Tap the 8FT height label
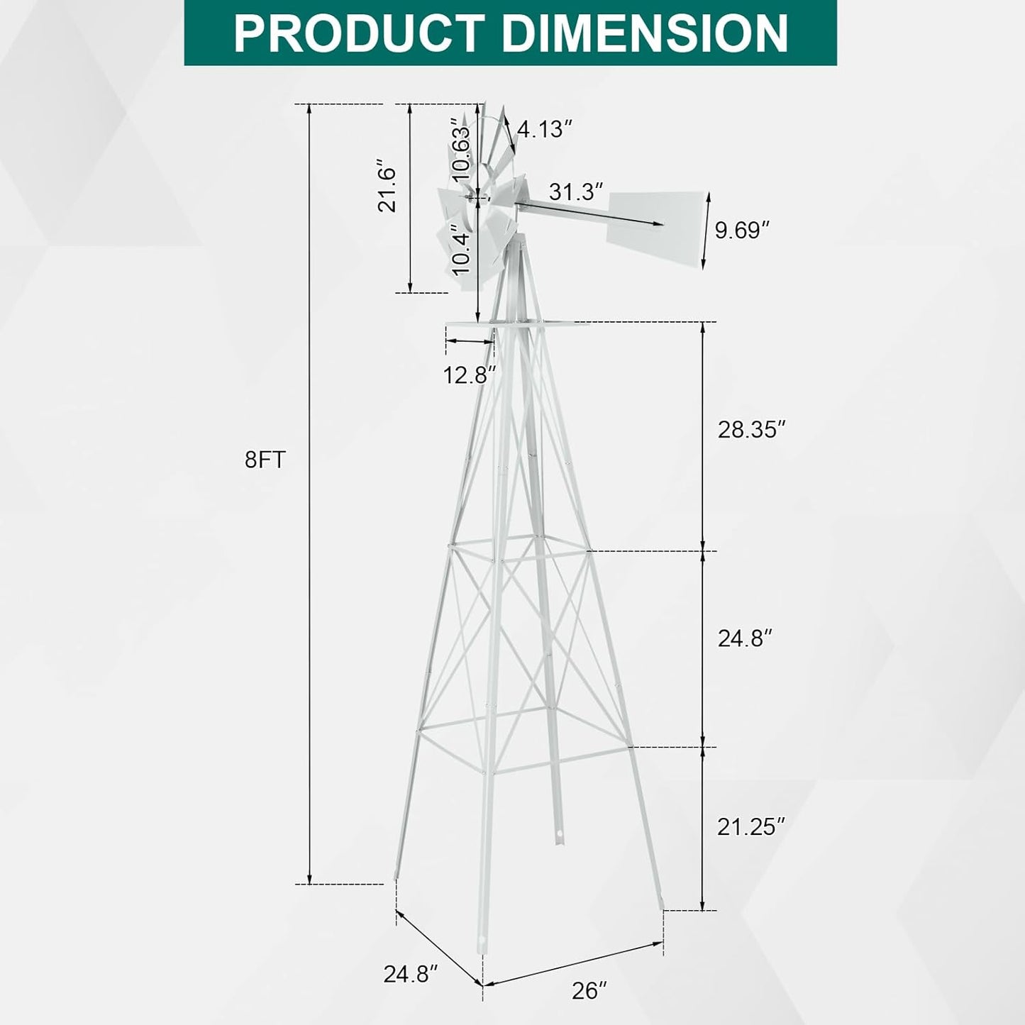pyautogui.click(x=265, y=460)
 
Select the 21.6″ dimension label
pyautogui.click(x=387, y=189)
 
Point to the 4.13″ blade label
pyautogui.click(x=544, y=129)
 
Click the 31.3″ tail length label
pyautogui.click(x=576, y=192)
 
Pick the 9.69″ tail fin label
pyautogui.click(x=741, y=231)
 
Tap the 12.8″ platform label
pyautogui.click(x=469, y=375)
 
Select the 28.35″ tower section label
pyautogui.click(x=752, y=430)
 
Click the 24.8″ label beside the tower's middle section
pyautogui.click(x=744, y=638)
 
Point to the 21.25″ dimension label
pyautogui.click(x=751, y=826)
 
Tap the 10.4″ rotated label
pyautogui.click(x=461, y=253)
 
